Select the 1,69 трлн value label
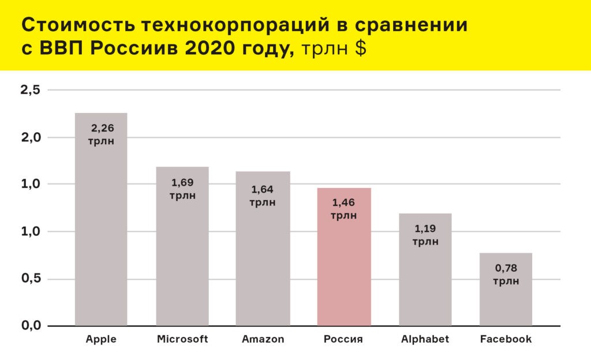tap(182, 189)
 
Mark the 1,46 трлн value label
tap(343, 209)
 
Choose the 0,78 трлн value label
tap(506, 275)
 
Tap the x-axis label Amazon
tap(263, 339)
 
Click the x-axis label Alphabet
tap(425, 339)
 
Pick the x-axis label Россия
tap(343, 339)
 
